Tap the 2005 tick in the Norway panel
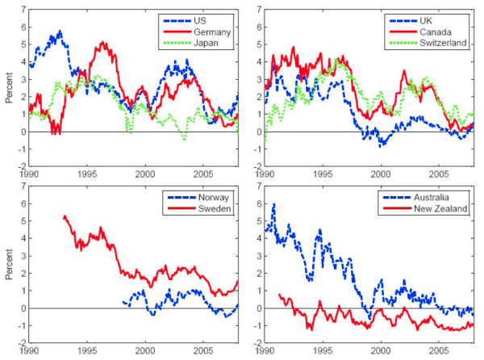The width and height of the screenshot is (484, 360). coord(204,352)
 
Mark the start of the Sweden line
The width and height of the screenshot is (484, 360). coord(64,216)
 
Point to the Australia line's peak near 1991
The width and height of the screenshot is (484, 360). coord(274,204)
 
